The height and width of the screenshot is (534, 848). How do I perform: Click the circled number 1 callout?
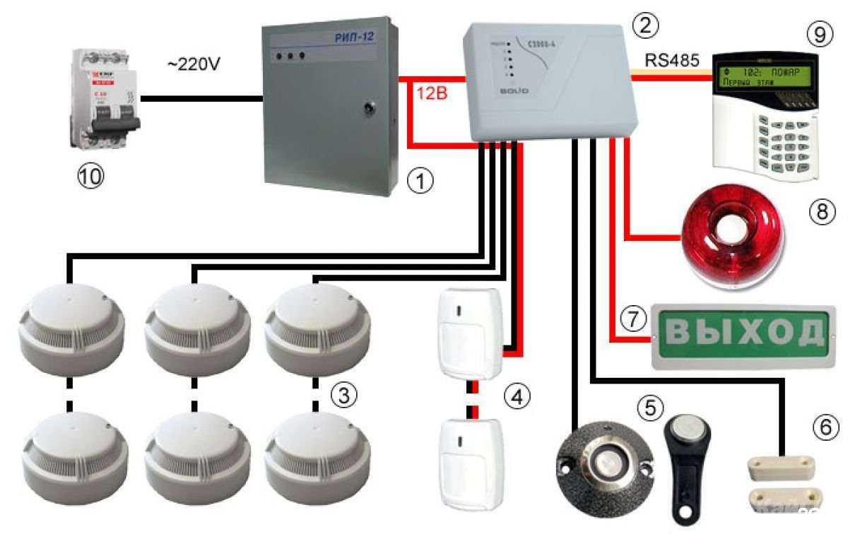(x=421, y=182)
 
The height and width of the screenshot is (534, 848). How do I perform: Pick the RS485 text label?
(x=672, y=61)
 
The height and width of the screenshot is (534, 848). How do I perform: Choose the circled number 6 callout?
(x=826, y=426)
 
